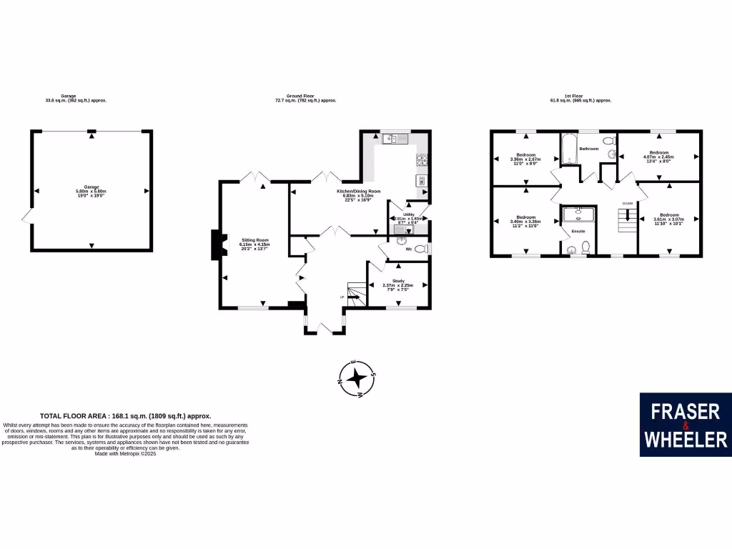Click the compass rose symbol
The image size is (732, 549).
pyautogui.click(x=359, y=378)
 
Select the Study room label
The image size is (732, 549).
pyautogui.click(x=399, y=281)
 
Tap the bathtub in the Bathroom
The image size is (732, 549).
pyautogui.click(x=568, y=149)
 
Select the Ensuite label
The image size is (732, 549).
pyautogui.click(x=578, y=232)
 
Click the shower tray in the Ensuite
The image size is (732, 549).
pyautogui.click(x=578, y=214)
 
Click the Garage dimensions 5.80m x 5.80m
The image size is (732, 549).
pyautogui.click(x=91, y=192)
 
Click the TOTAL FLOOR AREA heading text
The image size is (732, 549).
pyautogui.click(x=126, y=415)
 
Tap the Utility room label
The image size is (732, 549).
pyautogui.click(x=409, y=214)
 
